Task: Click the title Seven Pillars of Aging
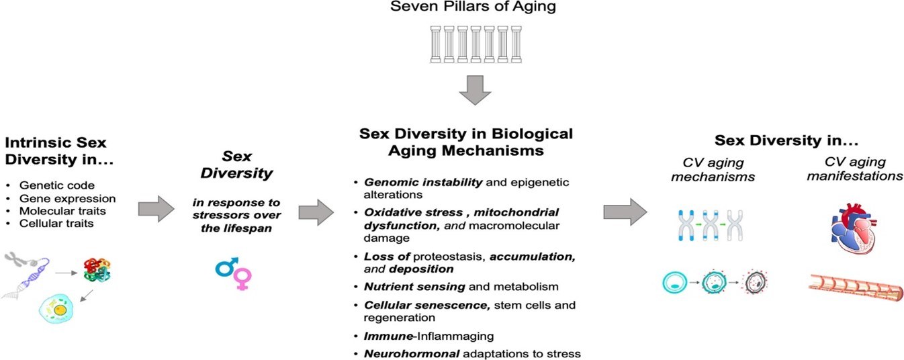click(x=473, y=7)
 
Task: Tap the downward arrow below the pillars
click(x=475, y=90)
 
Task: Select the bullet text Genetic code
click(x=57, y=185)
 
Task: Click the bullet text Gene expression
click(x=67, y=199)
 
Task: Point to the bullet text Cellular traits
click(x=56, y=224)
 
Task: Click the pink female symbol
click(x=243, y=279)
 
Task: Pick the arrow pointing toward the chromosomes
click(x=625, y=212)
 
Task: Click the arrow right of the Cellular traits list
click(x=156, y=209)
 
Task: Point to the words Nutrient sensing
click(x=414, y=287)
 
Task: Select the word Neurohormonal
click(x=412, y=354)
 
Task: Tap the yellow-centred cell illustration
click(x=56, y=309)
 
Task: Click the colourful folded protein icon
click(x=97, y=270)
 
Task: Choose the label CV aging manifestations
click(x=855, y=169)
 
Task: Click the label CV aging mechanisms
click(x=713, y=169)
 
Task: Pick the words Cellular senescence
click(x=427, y=305)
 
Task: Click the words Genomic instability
click(x=423, y=183)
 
